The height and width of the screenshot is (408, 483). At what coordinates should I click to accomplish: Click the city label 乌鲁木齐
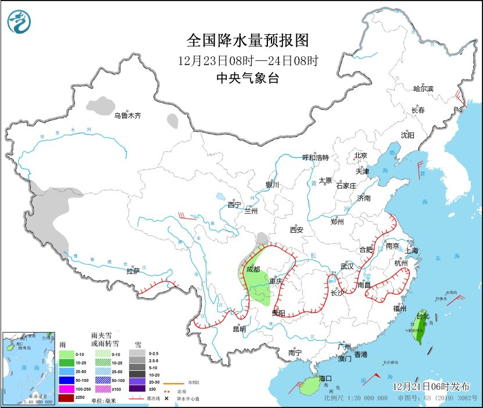(x=127, y=115)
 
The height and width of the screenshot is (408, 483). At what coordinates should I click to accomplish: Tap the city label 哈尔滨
(x=423, y=89)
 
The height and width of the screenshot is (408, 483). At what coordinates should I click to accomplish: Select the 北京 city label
(x=361, y=156)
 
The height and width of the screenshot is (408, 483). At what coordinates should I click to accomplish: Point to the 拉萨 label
(x=133, y=270)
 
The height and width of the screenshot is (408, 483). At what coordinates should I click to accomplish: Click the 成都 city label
(x=253, y=269)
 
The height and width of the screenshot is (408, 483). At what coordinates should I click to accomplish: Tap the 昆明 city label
(x=239, y=329)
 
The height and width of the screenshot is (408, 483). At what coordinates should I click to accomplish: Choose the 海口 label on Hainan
(x=325, y=378)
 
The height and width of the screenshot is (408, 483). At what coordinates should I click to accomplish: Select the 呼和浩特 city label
(x=316, y=158)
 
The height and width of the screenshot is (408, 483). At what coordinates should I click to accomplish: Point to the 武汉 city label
(x=347, y=266)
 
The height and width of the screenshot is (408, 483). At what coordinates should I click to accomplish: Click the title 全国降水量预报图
(x=247, y=40)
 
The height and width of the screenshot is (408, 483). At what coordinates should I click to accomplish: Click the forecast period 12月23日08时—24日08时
(x=247, y=60)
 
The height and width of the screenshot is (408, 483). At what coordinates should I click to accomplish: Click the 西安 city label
(x=296, y=230)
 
